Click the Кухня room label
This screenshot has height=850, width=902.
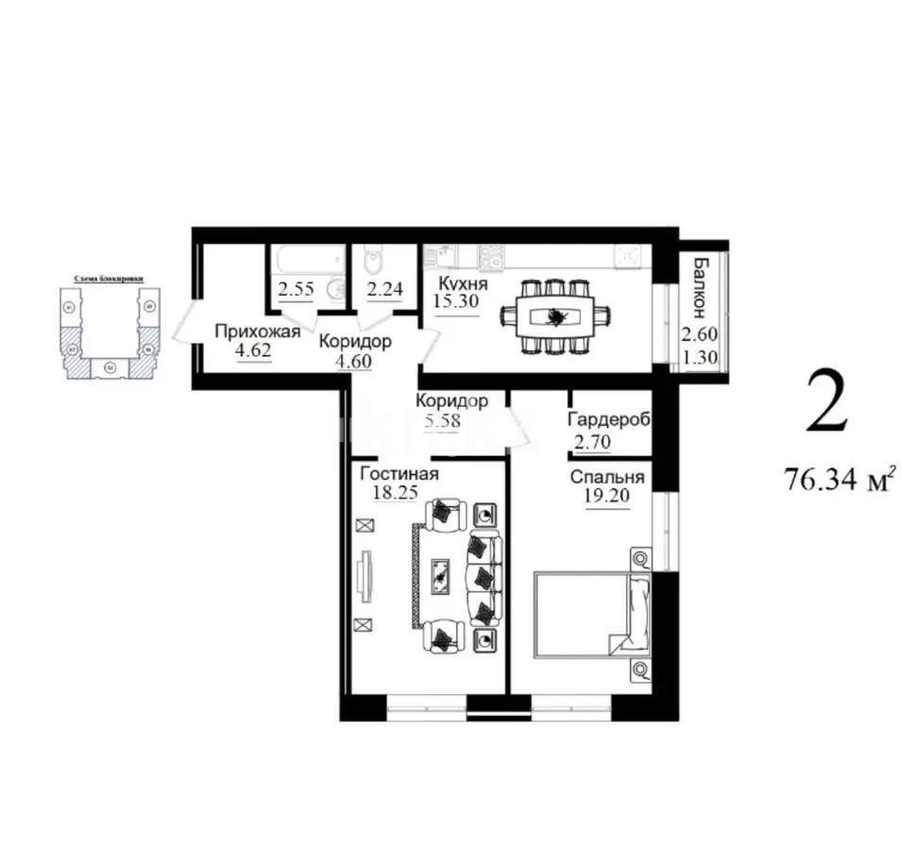pyautogui.click(x=462, y=282)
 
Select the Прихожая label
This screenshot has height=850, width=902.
pyautogui.click(x=257, y=331)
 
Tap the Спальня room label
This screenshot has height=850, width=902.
pyautogui.click(x=606, y=477)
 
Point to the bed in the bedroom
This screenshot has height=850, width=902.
pyautogui.click(x=592, y=614)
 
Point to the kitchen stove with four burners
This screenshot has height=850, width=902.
pyautogui.click(x=491, y=256)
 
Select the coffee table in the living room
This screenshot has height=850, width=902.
pyautogui.click(x=439, y=573)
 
